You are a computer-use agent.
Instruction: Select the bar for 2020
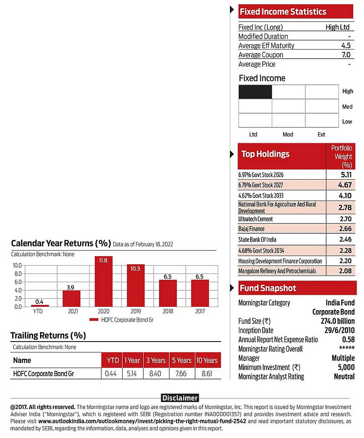tap(103, 282)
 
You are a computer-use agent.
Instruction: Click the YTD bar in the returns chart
tap(40, 305)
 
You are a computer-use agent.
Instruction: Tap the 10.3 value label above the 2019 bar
tap(135, 268)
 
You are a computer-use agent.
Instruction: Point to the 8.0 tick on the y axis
tap(17, 274)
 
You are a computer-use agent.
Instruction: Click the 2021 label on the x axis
tap(71, 312)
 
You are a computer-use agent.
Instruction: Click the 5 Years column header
tap(181, 360)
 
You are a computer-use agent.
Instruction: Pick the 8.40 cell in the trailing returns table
tap(155, 373)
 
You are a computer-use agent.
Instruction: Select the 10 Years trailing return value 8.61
tap(208, 373)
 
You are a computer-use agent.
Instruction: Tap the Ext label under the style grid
tap(321, 135)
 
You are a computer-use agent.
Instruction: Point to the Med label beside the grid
tap(347, 107)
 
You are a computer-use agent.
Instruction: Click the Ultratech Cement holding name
tap(255, 219)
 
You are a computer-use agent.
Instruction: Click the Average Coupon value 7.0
tap(346, 55)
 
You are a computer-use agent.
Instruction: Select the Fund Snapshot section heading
tap(268, 288)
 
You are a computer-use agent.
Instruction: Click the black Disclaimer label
tap(180, 398)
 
